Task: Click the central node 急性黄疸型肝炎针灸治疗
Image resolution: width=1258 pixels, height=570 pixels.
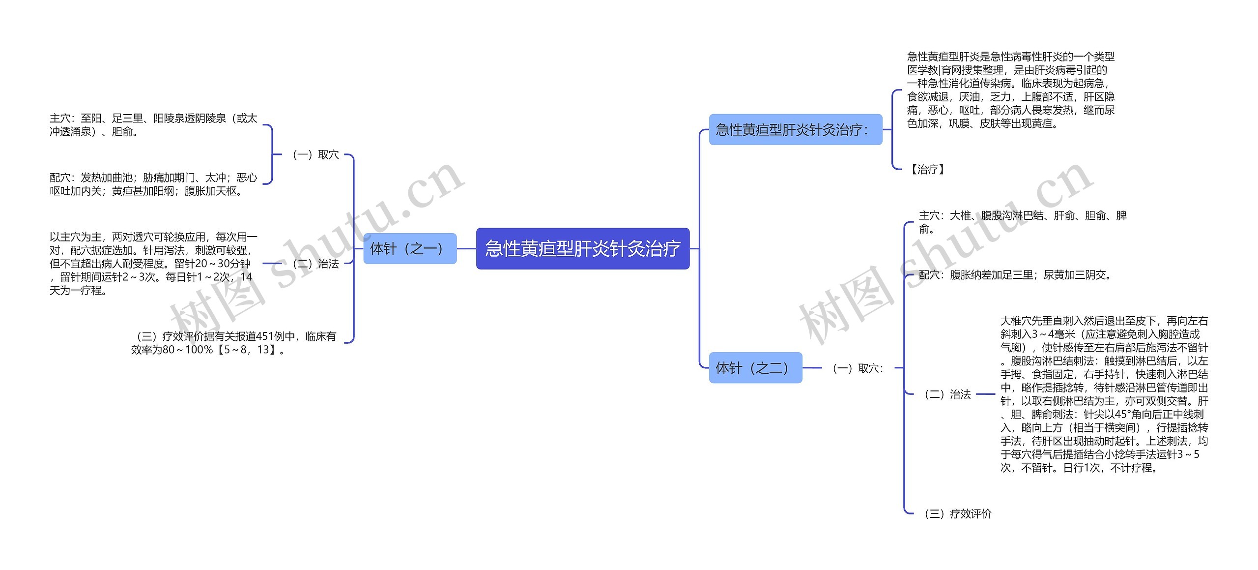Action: click(582, 248)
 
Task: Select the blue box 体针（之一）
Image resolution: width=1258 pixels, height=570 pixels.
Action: click(410, 248)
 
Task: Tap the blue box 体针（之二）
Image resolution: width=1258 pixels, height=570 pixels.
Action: click(755, 367)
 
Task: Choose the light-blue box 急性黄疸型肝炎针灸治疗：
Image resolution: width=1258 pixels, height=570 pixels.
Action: click(795, 129)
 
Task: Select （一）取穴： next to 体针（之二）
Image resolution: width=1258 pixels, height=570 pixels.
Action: click(858, 368)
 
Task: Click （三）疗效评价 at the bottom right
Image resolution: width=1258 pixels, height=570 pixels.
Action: click(957, 513)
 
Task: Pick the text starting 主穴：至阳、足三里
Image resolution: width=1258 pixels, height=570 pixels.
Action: click(153, 125)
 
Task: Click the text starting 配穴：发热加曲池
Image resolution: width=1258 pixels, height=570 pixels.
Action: click(153, 184)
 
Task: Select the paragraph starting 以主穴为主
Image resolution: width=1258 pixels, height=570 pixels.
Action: click(153, 264)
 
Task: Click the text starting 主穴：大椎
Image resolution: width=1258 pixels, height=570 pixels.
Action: click(1022, 222)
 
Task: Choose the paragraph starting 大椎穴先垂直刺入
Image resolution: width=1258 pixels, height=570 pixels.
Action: click(1104, 394)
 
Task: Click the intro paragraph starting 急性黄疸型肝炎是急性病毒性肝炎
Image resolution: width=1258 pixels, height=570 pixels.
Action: click(1010, 90)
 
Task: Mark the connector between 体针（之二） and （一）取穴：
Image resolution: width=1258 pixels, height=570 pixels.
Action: click(812, 367)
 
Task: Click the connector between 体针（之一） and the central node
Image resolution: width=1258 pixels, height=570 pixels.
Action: click(466, 248)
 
